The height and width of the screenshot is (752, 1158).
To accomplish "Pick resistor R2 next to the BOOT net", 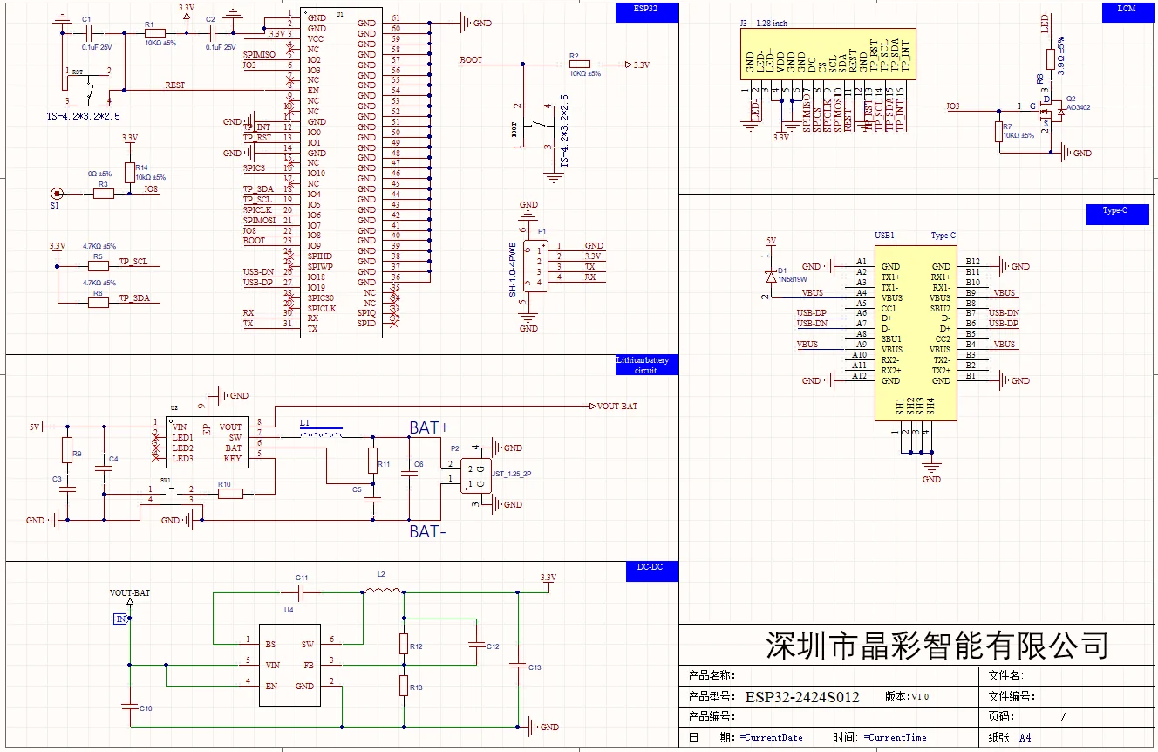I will (x=579, y=64).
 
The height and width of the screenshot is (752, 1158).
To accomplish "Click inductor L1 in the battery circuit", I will (x=320, y=433).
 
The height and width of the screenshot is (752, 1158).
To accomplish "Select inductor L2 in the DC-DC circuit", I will (x=380, y=591).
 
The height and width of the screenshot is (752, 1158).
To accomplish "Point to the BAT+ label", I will (x=428, y=427).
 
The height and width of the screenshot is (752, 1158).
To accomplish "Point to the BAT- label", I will (x=428, y=530).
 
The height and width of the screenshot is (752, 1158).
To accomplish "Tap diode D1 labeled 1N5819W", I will (x=771, y=275).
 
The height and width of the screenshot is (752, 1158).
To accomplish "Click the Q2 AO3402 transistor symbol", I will (x=1052, y=111).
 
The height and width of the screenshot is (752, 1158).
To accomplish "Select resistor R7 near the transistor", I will (x=998, y=132).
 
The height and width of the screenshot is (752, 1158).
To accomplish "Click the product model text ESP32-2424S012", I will (x=801, y=697).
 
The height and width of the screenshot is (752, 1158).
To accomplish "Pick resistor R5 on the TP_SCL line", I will (x=98, y=263).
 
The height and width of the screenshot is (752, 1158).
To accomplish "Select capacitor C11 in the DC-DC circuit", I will (x=302, y=592).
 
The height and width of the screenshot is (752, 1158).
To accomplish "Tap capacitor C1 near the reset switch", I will (x=88, y=31).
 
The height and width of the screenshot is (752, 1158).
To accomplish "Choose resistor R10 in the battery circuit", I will (x=230, y=494).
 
